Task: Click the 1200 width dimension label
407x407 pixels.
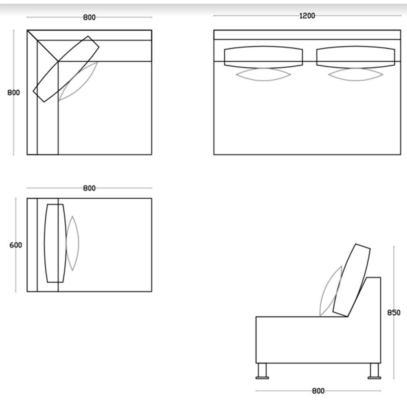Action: click(x=307, y=16)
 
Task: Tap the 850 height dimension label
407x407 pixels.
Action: click(x=394, y=313)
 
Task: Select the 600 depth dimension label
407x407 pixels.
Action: click(x=15, y=245)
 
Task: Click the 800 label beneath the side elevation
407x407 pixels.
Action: click(x=318, y=391)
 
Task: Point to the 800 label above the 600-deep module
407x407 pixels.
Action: click(x=89, y=188)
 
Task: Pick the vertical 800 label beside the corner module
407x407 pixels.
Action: click(x=13, y=93)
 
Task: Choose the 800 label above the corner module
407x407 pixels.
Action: click(x=89, y=18)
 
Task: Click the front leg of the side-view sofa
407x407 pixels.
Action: click(x=262, y=371)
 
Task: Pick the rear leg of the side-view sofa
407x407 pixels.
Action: click(x=374, y=371)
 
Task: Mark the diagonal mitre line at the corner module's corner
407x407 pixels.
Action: click(x=43, y=46)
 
